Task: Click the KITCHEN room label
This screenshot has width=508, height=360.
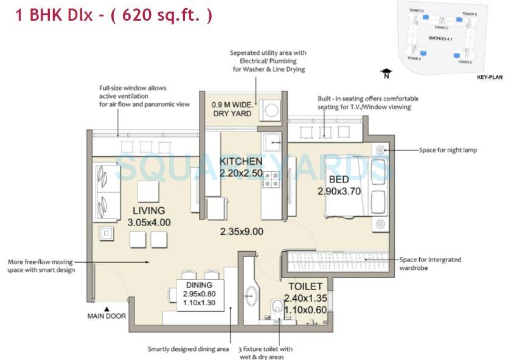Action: click(241, 162)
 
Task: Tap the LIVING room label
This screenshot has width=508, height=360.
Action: click(148, 211)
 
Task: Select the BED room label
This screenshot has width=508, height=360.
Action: click(339, 179)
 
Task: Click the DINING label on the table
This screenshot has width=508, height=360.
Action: click(199, 285)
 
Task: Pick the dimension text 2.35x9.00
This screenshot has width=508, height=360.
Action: click(242, 231)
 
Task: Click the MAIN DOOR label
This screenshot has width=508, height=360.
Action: click(106, 316)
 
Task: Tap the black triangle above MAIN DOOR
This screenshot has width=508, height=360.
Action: click(106, 308)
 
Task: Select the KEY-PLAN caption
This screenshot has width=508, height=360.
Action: click(490, 77)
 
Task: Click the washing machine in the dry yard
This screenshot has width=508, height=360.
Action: click(271, 111)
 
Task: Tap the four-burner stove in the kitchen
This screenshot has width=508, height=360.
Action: click(271, 179)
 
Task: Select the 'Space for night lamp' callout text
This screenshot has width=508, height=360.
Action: click(448, 150)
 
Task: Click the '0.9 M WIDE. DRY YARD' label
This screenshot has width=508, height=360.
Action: click(231, 109)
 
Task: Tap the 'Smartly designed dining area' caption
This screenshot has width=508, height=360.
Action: click(188, 349)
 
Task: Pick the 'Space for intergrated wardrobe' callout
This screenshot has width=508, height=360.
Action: click(430, 263)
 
